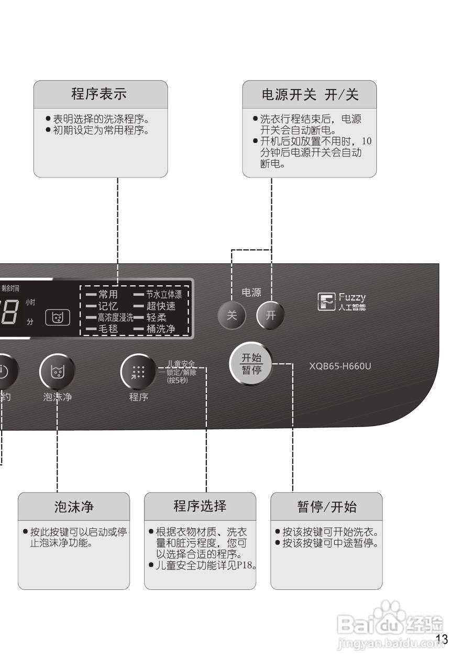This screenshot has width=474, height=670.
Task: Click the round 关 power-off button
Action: tap(232, 315)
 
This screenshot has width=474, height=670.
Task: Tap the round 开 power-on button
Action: tap(270, 315)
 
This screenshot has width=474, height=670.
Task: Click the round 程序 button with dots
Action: tap(138, 372)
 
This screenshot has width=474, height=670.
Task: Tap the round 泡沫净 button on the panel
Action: tap(57, 371)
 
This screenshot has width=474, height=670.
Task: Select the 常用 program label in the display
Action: tap(108, 295)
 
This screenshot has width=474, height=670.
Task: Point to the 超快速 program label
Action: tap(161, 306)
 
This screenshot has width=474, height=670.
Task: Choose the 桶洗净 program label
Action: tap(160, 329)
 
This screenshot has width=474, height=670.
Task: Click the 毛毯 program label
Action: tap(108, 329)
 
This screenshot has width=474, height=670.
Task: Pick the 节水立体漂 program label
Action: tap(163, 295)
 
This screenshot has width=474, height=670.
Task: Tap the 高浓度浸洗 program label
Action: tap(115, 318)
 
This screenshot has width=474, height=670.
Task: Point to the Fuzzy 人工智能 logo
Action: tap(341, 302)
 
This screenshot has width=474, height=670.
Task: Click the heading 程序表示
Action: tap(99, 94)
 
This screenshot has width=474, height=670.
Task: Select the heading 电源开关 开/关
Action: tap(310, 95)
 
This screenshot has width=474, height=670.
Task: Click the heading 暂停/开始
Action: tap(327, 507)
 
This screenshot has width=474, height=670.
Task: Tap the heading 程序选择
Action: tap(200, 506)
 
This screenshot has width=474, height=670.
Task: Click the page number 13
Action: tap(442, 639)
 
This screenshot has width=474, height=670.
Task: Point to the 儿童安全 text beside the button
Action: tap(181, 364)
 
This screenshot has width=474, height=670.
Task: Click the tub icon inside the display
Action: tap(58, 317)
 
